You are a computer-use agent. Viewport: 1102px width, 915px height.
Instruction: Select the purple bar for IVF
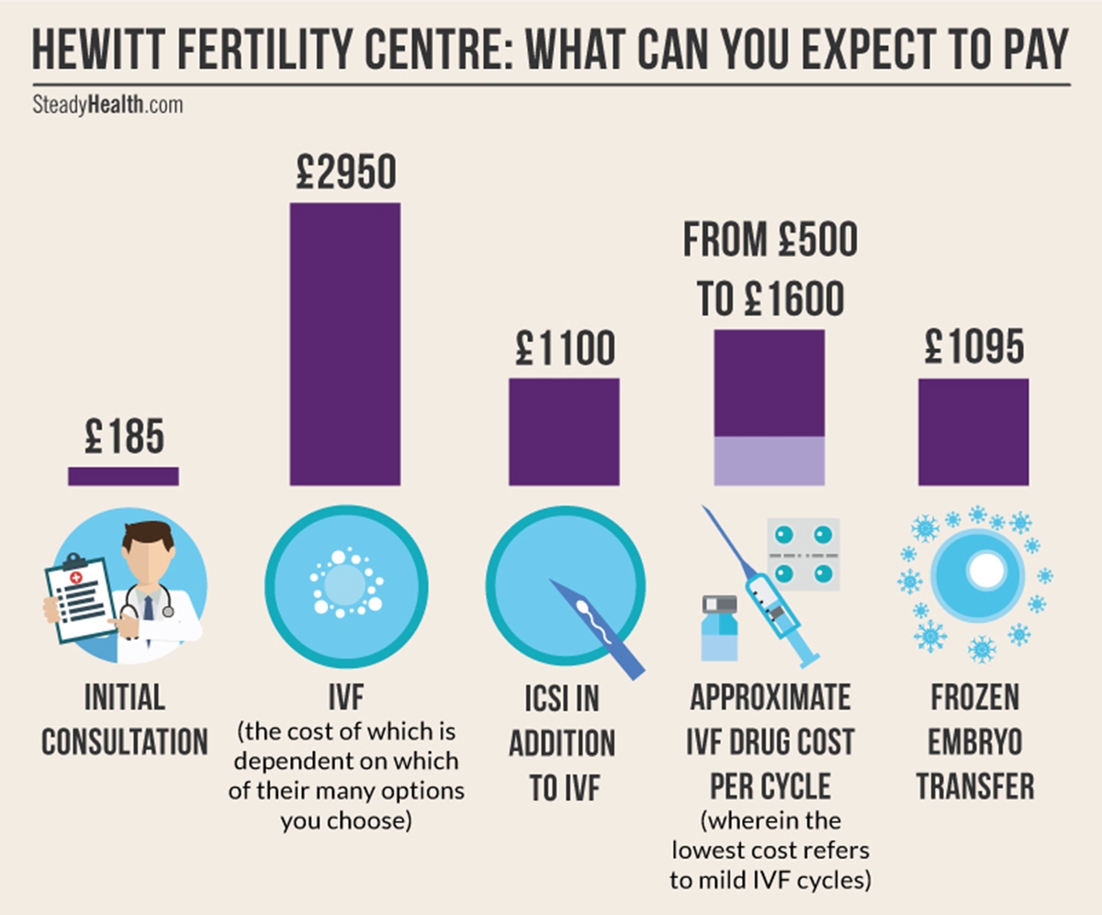tap(345, 344)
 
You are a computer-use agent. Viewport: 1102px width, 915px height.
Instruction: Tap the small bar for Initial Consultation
tap(123, 476)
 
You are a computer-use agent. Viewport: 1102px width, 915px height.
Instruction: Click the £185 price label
tap(123, 437)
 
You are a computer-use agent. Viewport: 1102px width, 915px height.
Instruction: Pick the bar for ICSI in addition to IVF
tap(564, 431)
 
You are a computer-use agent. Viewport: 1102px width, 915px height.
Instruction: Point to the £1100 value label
tap(564, 350)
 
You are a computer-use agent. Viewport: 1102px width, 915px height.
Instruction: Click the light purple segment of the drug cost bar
tap(769, 460)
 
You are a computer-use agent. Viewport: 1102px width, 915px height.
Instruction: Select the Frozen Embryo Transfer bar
tap(973, 431)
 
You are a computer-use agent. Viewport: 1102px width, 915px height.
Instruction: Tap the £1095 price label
tap(973, 350)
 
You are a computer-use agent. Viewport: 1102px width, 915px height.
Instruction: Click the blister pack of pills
tap(804, 551)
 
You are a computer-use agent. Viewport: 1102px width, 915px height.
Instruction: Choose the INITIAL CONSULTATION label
tap(125, 720)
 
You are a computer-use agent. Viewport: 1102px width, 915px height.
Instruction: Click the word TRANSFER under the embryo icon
tap(974, 785)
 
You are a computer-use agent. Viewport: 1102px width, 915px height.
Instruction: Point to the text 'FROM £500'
tap(769, 241)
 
